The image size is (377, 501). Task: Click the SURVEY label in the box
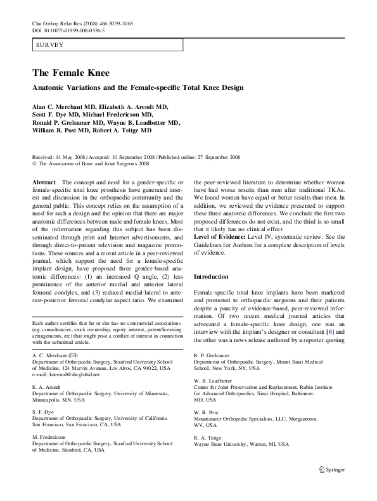point(49,45)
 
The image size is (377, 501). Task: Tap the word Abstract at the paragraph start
point(43,181)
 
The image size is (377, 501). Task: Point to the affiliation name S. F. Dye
point(44,411)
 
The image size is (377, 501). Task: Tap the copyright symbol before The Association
point(34,163)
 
